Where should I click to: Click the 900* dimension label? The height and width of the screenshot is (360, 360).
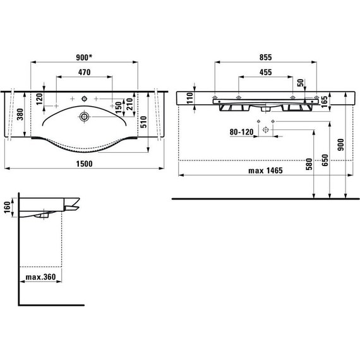[84, 57]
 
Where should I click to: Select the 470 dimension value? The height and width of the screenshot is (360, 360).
[84, 73]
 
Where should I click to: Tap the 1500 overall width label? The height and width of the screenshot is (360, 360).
[84, 164]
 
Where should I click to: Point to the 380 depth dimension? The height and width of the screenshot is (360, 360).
[20, 114]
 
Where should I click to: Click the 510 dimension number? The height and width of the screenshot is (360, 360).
[144, 122]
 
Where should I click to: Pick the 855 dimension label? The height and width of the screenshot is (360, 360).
[265, 57]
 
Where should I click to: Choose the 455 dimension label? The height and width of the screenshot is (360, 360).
[265, 73]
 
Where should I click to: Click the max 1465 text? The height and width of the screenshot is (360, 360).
[265, 171]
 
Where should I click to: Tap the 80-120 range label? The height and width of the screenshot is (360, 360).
[241, 132]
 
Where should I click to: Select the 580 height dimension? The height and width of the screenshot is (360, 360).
[309, 164]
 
